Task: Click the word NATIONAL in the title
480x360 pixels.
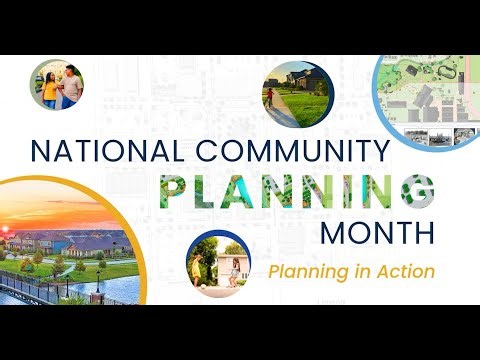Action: tap(94, 151)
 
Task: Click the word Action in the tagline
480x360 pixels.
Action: tap(404, 271)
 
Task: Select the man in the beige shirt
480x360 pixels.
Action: tap(71, 86)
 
